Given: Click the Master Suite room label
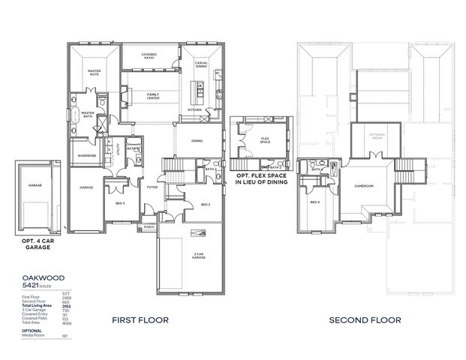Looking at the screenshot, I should coord(95,73).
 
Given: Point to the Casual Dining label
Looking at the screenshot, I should coord(200,66).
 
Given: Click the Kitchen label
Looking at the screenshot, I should coord(194,109).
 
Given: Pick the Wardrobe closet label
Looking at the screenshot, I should coord(84,156).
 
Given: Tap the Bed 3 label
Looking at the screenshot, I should coord(120,203).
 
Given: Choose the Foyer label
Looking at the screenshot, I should coord(152,187).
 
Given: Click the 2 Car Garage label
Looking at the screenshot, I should coord(198,256).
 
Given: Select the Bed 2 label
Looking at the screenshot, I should coord(205,204).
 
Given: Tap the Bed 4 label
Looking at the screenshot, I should coord(314,202).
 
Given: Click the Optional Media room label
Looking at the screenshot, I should coord(377,136).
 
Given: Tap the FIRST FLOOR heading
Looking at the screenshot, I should coord(140,319).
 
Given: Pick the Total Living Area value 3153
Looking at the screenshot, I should coord(66,307).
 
